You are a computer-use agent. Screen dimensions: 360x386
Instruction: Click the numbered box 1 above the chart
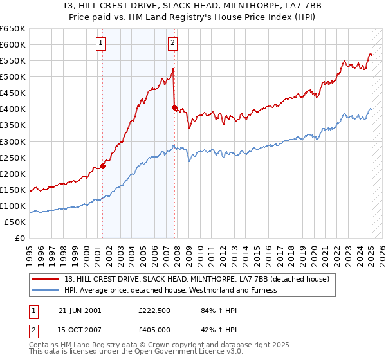(x=102, y=44)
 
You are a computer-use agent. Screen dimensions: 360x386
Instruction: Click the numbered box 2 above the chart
(x=173, y=44)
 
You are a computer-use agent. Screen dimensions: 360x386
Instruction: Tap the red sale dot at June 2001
(x=102, y=166)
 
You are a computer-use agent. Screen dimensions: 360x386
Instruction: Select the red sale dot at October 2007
(x=174, y=107)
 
